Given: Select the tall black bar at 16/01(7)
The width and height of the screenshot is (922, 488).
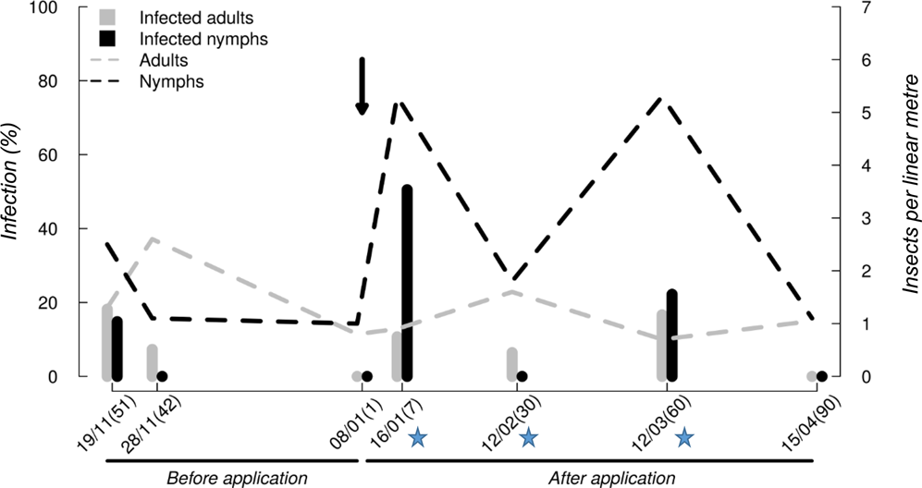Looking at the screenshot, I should [x=407, y=282].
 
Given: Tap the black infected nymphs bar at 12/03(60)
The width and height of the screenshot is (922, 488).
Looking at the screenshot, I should [x=672, y=334].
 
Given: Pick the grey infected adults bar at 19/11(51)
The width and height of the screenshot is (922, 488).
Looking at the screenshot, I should [x=107, y=342].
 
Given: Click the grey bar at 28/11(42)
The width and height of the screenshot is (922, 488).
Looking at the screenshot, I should [x=152, y=362].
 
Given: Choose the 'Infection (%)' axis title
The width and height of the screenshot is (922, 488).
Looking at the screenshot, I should [x=13, y=192].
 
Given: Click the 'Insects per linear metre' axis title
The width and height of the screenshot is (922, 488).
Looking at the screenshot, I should [x=910, y=194].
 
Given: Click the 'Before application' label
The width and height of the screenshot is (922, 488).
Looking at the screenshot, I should [x=236, y=478].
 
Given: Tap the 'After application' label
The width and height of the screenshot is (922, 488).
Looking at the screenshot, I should [x=612, y=478].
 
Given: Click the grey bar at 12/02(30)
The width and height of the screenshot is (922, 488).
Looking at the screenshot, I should [x=511, y=364].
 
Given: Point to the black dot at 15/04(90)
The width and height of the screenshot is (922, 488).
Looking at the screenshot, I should [x=822, y=376].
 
